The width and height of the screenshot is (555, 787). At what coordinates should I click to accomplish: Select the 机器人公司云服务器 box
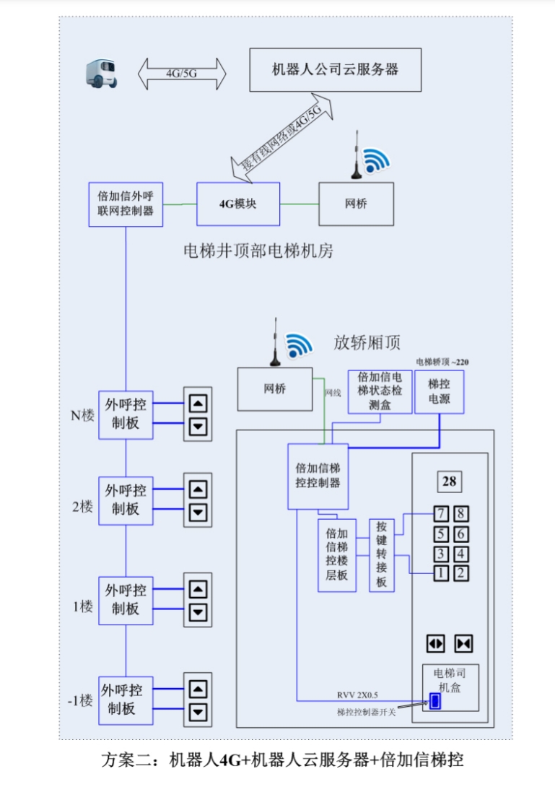pyautogui.click(x=335, y=70)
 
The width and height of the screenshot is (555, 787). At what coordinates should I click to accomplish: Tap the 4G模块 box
pyautogui.click(x=238, y=204)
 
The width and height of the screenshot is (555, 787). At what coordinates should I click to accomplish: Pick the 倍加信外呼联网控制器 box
pyautogui.click(x=126, y=204)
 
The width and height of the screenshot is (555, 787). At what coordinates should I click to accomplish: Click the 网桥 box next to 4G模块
pyautogui.click(x=356, y=204)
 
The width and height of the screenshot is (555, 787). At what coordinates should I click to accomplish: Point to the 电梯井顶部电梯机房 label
pyautogui.click(x=258, y=251)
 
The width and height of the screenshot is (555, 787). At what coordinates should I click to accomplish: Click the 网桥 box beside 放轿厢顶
pyautogui.click(x=274, y=389)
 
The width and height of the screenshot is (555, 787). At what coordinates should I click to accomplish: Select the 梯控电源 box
pyautogui.click(x=439, y=391)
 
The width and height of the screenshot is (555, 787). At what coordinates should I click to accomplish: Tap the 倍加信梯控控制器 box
pyautogui.click(x=318, y=475)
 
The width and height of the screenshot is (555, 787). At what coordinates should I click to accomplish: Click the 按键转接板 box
pyautogui.click(x=382, y=555)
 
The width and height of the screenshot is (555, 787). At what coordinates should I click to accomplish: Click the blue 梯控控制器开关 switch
pyautogui.click(x=434, y=700)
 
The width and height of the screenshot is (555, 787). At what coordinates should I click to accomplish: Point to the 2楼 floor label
pyautogui.click(x=83, y=506)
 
